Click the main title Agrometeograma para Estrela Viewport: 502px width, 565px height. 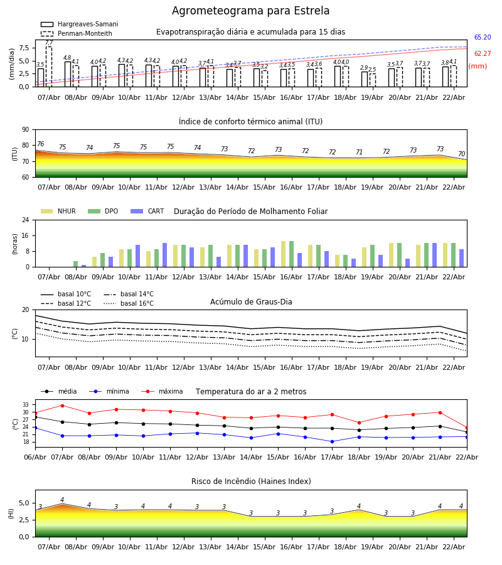click(250, 11)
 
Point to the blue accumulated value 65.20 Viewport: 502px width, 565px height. click(482, 38)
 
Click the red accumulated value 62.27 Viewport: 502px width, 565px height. click(482, 54)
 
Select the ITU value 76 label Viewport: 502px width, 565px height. click(40, 144)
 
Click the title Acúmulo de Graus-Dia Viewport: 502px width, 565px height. click(251, 302)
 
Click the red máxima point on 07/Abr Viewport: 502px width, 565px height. click(62, 406)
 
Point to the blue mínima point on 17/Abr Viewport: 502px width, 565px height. click(332, 441)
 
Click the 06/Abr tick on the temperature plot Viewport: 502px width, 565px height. click(35, 456)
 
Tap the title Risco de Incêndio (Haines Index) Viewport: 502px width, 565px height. click(251, 482)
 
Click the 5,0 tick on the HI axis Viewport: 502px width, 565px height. click(23, 503)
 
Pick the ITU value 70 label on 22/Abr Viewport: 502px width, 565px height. click(461, 154)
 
